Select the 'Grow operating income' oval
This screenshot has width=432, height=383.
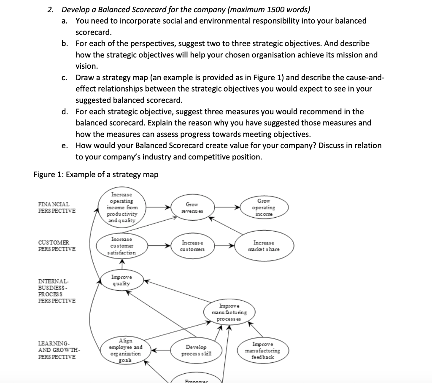click(x=263, y=208)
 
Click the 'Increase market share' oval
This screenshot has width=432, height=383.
click(x=264, y=246)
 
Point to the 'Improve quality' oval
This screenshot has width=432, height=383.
click(x=121, y=281)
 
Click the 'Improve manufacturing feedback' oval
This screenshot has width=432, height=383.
click(x=263, y=351)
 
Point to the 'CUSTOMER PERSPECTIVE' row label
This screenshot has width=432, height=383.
click(x=57, y=246)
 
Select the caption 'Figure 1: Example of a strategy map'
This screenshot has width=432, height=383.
click(x=96, y=175)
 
